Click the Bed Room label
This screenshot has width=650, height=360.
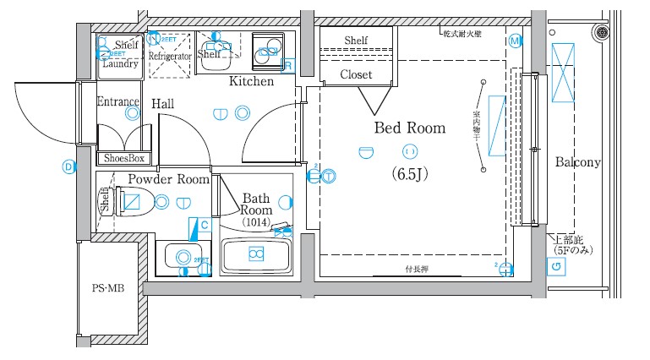tap(409, 128)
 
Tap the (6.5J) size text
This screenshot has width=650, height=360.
tap(410, 174)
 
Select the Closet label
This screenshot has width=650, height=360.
tap(356, 74)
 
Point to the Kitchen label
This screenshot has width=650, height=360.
tap(251, 82)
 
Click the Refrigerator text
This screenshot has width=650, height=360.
tap(170, 57)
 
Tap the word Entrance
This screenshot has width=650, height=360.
tap(117, 102)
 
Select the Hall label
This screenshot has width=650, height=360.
tap(163, 103)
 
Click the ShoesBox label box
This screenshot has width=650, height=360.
tap(124, 158)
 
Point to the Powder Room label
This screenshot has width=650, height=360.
tap(168, 179)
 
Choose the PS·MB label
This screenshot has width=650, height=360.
tap(107, 288)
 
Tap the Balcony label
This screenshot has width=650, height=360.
tap(577, 162)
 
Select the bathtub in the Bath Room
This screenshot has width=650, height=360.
tap(255, 254)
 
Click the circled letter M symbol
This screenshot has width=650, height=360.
tap(515, 41)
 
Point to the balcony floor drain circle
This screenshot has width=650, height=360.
tap(602, 33)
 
